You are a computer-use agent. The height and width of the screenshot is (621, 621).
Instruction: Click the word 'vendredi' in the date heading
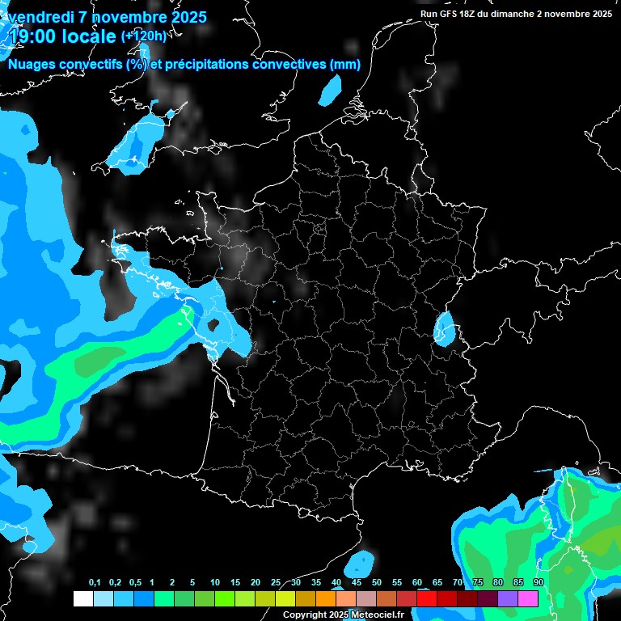point(42,17)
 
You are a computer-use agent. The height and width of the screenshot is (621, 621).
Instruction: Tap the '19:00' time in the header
point(33,36)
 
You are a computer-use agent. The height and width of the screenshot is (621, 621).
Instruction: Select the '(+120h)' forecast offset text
point(143,36)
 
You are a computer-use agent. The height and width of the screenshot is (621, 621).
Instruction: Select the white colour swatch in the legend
point(82,599)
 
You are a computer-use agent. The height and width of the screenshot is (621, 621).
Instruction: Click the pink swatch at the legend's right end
point(528,599)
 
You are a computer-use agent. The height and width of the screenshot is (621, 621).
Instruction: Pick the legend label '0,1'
point(95,583)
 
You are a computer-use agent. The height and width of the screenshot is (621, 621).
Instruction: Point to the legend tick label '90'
point(538,583)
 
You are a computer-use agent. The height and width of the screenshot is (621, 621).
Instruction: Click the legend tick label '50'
point(377,583)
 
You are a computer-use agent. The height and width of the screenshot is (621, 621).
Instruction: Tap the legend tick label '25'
point(276,583)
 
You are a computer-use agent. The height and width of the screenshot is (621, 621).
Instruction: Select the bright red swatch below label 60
point(427,599)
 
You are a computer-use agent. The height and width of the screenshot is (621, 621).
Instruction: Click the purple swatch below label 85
point(508,599)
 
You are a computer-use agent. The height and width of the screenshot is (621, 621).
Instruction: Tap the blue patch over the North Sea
point(332,90)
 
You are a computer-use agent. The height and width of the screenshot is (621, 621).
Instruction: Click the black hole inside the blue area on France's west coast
point(214,325)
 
